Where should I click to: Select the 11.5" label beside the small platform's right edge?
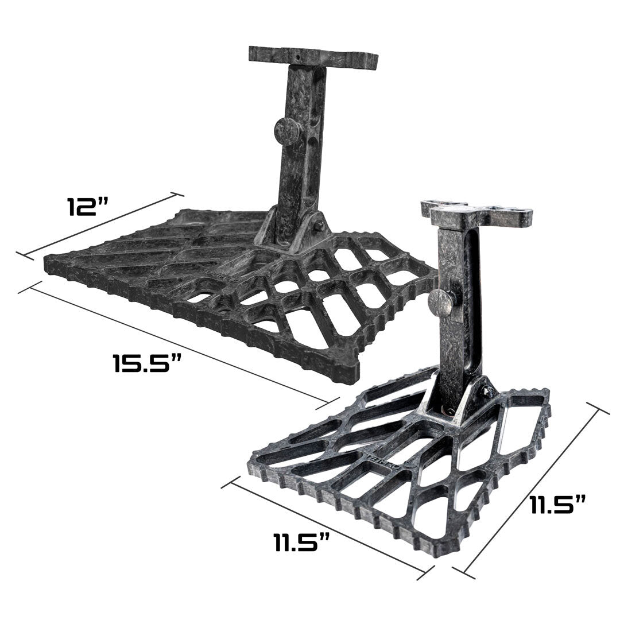click(x=557, y=505)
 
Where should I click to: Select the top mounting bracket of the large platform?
click(x=313, y=56)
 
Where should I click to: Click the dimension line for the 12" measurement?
click(x=100, y=224)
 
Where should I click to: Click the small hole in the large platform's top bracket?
click(x=299, y=59)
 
